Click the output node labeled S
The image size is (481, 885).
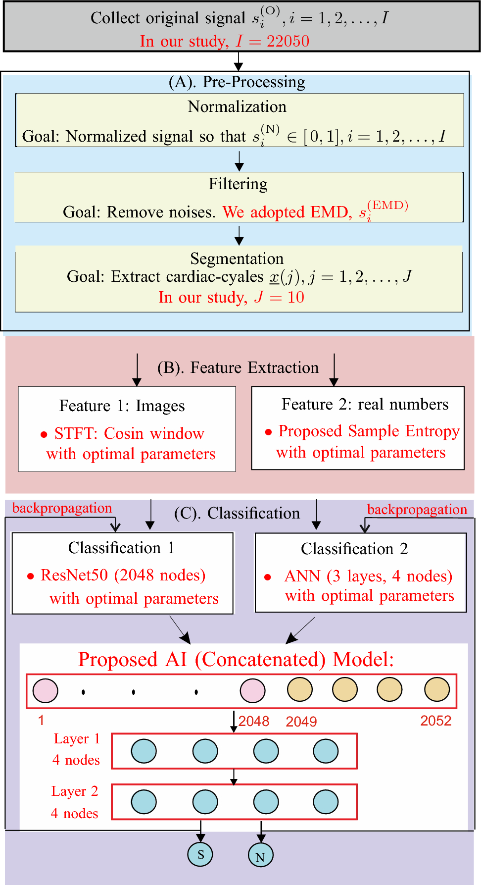pos(200,854)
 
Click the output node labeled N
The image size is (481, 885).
pos(260,855)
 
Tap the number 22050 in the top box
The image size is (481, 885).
pos(288,41)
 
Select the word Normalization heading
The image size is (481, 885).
pos(237,106)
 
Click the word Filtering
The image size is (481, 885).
pos(238,184)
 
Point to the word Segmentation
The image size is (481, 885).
pos(237,259)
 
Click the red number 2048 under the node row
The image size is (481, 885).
pos(254,721)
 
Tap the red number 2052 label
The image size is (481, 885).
pos(435,721)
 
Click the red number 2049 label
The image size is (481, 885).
pos(301,722)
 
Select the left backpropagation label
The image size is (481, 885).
pos(62,508)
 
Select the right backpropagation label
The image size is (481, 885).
pos(417,510)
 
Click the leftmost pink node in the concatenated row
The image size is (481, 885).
pos(46,691)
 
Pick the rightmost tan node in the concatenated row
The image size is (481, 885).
pos(437,689)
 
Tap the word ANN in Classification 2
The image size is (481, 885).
pos(302,576)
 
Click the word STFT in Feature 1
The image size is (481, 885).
pos(75,433)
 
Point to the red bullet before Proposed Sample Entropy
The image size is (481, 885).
pos(268,432)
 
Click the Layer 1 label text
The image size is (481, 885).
pos(77,739)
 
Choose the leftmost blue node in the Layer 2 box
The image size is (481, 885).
pos(144,802)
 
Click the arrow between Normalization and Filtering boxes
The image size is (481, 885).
pos(239,160)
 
